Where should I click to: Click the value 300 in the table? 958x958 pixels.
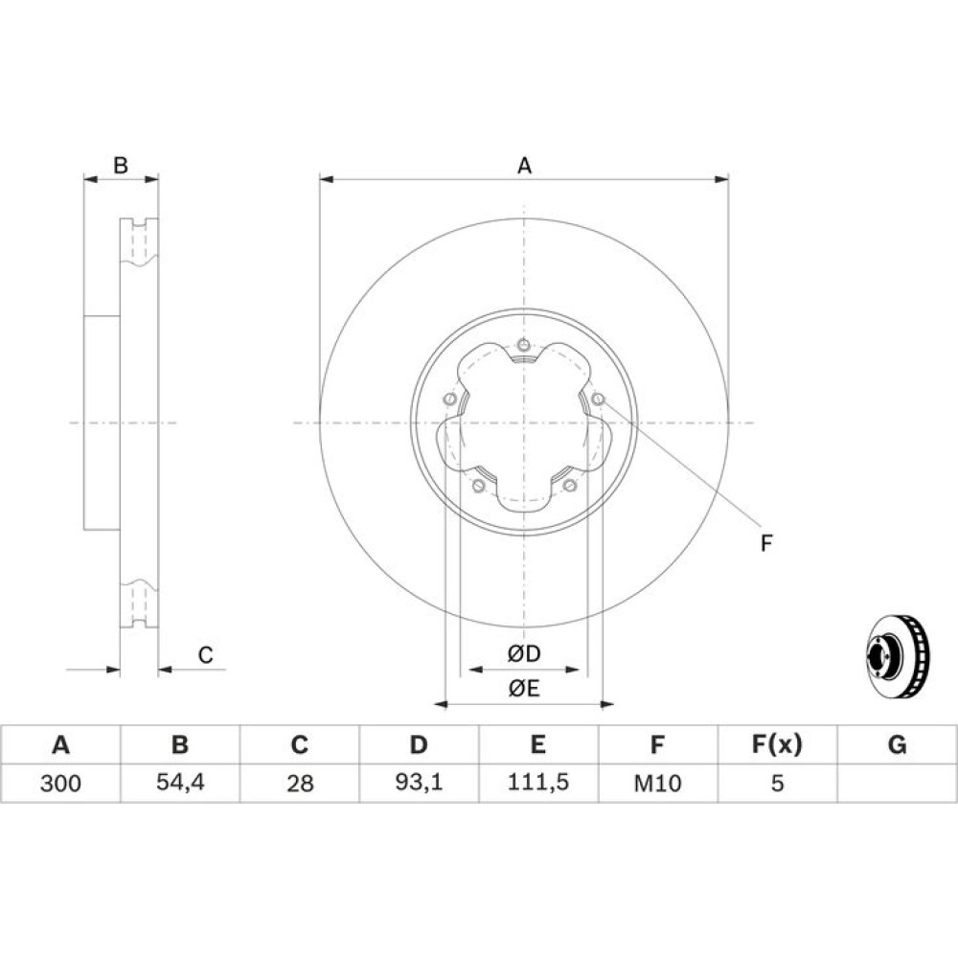click(x=60, y=783)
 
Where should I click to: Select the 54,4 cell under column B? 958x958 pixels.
click(x=180, y=782)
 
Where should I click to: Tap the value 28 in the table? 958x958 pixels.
click(x=300, y=783)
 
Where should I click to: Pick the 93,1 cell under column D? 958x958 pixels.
click(x=420, y=782)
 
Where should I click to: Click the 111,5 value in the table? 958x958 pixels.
click(x=538, y=782)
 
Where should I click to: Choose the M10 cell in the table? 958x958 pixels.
click(x=657, y=783)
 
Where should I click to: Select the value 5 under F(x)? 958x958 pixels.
click(x=777, y=783)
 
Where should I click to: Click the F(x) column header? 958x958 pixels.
click(x=777, y=744)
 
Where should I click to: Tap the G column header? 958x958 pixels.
click(x=897, y=744)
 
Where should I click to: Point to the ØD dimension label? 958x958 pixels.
click(x=524, y=653)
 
